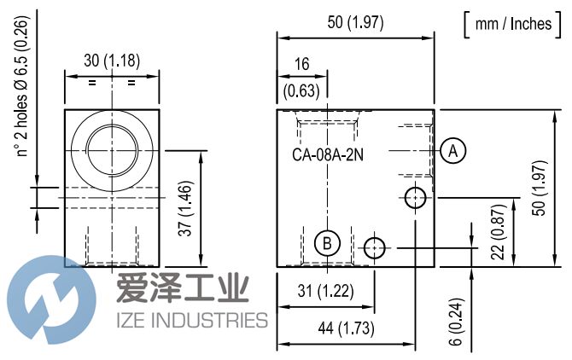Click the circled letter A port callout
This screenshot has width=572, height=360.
453,150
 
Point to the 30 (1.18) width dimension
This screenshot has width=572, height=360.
112,60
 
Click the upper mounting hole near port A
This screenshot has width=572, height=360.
416,198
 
